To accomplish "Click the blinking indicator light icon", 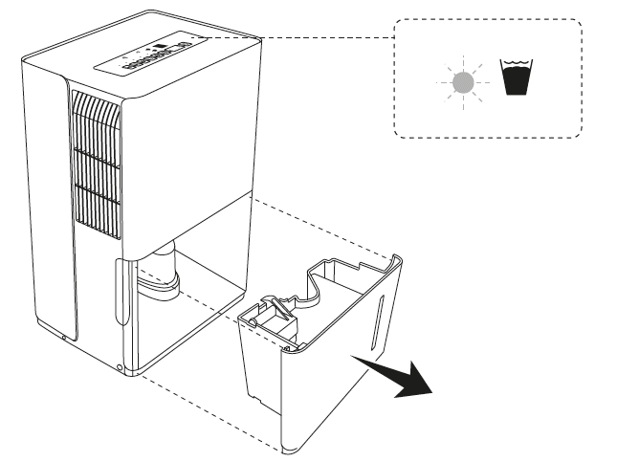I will click(462, 82).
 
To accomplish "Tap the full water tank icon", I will click(518, 77).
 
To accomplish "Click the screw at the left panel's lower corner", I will click(64, 336).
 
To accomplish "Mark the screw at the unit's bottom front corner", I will click(121, 366).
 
